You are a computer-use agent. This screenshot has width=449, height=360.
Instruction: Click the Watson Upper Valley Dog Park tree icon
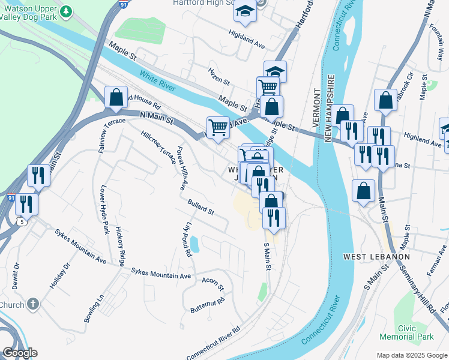67,11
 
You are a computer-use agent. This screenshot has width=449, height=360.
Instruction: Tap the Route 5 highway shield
23,222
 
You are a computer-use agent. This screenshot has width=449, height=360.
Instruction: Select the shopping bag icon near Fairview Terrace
116,98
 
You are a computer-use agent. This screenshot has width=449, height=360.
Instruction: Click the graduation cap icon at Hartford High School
245,11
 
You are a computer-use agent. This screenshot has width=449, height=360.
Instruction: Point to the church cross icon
32,304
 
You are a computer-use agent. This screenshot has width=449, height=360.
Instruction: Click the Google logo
20,353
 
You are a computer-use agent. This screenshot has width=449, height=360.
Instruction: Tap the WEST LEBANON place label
376,257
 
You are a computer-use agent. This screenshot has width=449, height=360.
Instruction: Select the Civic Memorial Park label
415,333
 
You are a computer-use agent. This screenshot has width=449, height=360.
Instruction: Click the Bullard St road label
200,207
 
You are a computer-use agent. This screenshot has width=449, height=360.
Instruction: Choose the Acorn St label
212,281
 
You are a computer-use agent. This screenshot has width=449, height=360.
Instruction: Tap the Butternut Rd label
207,305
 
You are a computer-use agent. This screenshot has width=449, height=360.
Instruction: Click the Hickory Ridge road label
121,246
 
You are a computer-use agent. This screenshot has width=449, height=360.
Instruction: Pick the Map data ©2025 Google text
412,354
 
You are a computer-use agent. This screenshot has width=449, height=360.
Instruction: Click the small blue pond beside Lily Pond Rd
194,245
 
